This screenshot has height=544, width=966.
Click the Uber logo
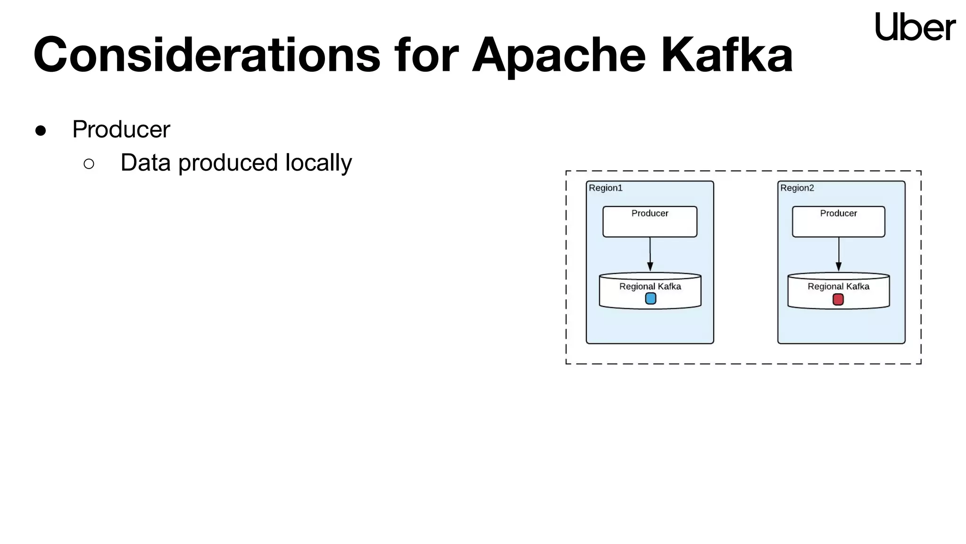[915, 26]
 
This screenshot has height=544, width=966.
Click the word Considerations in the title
[207, 55]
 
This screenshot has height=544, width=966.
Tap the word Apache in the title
[558, 56]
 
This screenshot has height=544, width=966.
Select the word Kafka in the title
[726, 55]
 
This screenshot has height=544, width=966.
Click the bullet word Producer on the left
[121, 129]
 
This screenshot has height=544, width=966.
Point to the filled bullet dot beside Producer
[41, 131]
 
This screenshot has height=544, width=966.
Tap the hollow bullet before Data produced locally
[89, 164]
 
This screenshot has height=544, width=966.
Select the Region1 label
[606, 188]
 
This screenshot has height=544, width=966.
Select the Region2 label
[797, 188]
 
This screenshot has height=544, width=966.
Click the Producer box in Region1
[650, 221]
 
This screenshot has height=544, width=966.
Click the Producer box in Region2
[838, 221]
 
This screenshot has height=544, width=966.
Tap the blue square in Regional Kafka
[650, 298]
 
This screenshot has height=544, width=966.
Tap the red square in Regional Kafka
[838, 299]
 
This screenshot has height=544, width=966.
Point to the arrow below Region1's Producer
[650, 255]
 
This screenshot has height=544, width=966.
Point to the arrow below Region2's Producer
[839, 255]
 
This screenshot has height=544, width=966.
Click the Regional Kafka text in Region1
[650, 286]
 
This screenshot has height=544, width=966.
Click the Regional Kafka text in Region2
[838, 286]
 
